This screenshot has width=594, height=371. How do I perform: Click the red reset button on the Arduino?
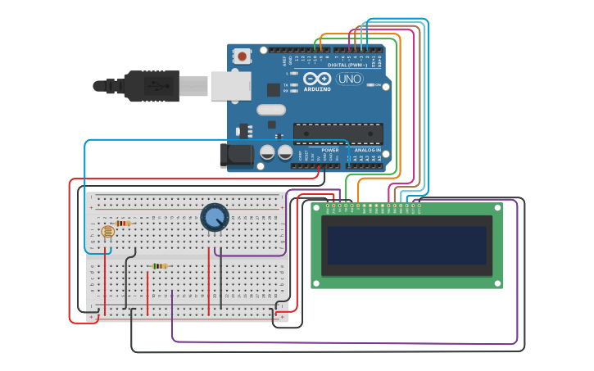pos(243,57)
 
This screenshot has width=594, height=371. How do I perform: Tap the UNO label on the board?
pos(349,79)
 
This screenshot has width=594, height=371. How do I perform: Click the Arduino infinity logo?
pos(316,79)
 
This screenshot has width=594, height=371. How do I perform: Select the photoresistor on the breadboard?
pos(107,232)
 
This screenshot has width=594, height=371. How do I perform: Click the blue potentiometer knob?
pos(215,217)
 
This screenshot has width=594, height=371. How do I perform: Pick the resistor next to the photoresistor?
pos(123,223)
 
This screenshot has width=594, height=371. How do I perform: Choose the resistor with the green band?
pos(159,266)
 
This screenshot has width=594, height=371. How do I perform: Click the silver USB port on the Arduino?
pos(230,85)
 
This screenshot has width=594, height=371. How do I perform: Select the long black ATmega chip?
pos(338,132)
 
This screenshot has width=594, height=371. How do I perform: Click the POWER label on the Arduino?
pos(329,150)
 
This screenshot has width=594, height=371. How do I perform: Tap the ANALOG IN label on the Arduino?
pos(367,150)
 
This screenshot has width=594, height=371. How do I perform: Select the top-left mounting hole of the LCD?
pos(316,209)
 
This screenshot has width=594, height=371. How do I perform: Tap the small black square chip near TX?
pos(273,89)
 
